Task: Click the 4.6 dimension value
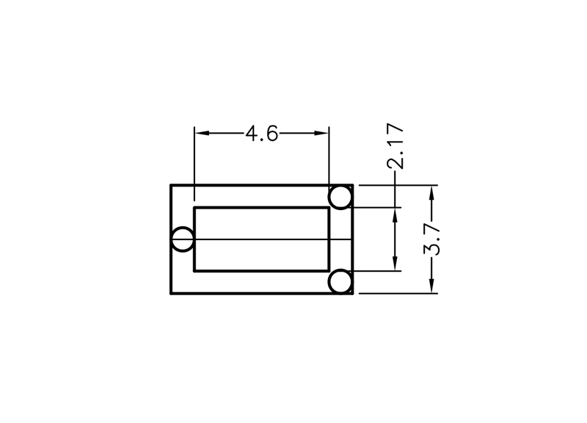click(x=262, y=134)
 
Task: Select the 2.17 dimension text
click(x=395, y=145)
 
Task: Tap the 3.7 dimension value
click(x=432, y=239)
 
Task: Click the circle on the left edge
click(x=183, y=239)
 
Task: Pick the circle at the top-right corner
click(x=340, y=197)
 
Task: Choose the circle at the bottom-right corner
click(x=340, y=282)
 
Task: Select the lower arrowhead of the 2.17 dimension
click(x=395, y=263)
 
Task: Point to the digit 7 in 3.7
click(x=432, y=229)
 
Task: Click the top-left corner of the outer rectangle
click(x=171, y=185)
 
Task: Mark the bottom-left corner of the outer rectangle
click(x=171, y=293)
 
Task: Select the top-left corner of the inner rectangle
click(x=194, y=208)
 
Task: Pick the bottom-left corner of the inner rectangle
click(x=194, y=270)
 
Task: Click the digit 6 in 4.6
click(x=273, y=134)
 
